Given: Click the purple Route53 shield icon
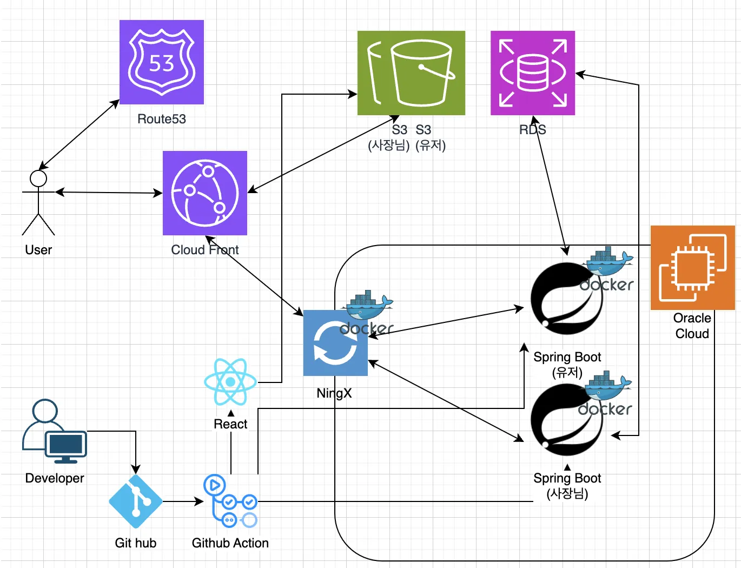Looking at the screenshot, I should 161,62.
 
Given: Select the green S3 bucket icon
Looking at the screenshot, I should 411,73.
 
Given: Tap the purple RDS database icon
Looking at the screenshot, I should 533,73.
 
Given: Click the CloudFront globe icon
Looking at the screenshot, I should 205,193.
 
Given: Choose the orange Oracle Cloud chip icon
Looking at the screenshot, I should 693,268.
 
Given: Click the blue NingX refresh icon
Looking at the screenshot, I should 335,343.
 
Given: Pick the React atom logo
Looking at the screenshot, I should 230,382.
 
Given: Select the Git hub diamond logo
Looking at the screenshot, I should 136,501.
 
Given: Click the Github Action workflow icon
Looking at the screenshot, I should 230,501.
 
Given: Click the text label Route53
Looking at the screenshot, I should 161,119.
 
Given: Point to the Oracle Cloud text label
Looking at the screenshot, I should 692,326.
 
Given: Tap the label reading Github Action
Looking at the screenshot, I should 230,543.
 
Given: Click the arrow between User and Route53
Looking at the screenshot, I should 79,135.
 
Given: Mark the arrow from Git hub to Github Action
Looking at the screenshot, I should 183,501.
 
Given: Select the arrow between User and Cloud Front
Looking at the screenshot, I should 108,193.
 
